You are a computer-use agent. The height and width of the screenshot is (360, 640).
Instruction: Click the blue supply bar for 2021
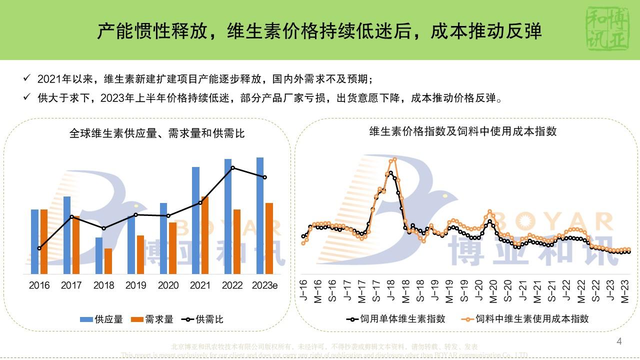195,220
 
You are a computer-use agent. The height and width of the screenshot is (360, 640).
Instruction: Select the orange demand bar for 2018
108,261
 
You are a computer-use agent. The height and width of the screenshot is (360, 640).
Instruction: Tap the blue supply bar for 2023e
260,215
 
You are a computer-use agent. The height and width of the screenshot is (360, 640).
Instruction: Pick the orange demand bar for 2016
44,241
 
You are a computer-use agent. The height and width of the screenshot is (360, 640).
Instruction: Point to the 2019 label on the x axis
136,285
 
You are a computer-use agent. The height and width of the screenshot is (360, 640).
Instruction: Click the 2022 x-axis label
232,285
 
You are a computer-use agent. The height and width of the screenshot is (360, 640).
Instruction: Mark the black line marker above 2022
232,168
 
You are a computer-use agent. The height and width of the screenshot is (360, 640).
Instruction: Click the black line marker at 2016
39,248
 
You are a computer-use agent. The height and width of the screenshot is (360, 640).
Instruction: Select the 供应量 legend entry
101,319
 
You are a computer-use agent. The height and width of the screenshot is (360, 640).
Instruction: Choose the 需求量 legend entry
152,319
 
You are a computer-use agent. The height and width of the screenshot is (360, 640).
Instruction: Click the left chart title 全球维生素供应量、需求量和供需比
157,133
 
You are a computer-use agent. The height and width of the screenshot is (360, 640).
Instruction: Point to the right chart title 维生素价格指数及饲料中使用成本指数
463,131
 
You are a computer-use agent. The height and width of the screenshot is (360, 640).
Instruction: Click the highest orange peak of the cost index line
394,159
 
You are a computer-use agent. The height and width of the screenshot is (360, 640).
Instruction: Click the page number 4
619,342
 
